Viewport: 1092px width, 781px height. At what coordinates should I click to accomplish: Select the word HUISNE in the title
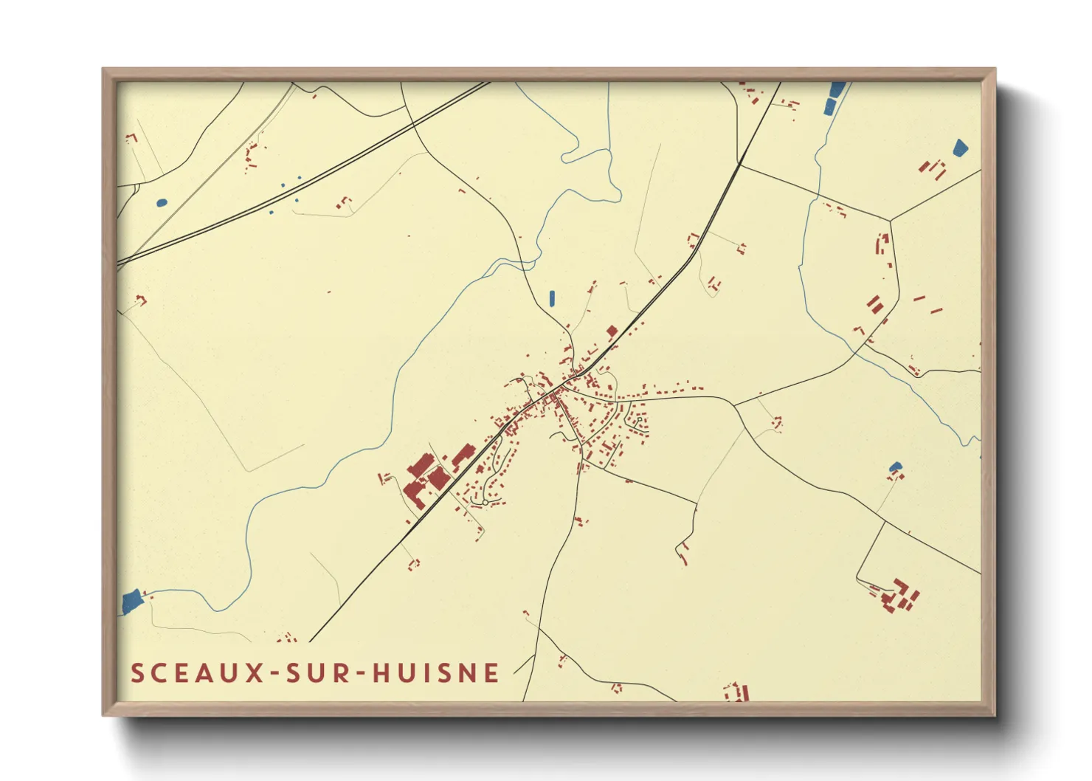(435, 673)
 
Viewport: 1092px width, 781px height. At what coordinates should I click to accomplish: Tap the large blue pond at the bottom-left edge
(131, 602)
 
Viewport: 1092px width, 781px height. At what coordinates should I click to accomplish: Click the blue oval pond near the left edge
(162, 202)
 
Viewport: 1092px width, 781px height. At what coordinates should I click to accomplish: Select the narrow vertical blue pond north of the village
(552, 298)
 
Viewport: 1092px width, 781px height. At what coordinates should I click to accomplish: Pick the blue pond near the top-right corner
(960, 148)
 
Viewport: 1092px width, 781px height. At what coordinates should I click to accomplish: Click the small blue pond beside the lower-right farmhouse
(895, 467)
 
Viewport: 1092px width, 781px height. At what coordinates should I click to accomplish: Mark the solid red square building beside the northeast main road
(612, 331)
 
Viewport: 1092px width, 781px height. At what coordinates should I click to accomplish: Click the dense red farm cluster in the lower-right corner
(899, 595)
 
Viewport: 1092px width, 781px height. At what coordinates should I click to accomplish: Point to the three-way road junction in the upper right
(890, 220)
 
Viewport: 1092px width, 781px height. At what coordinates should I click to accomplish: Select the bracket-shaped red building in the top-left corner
(132, 137)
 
